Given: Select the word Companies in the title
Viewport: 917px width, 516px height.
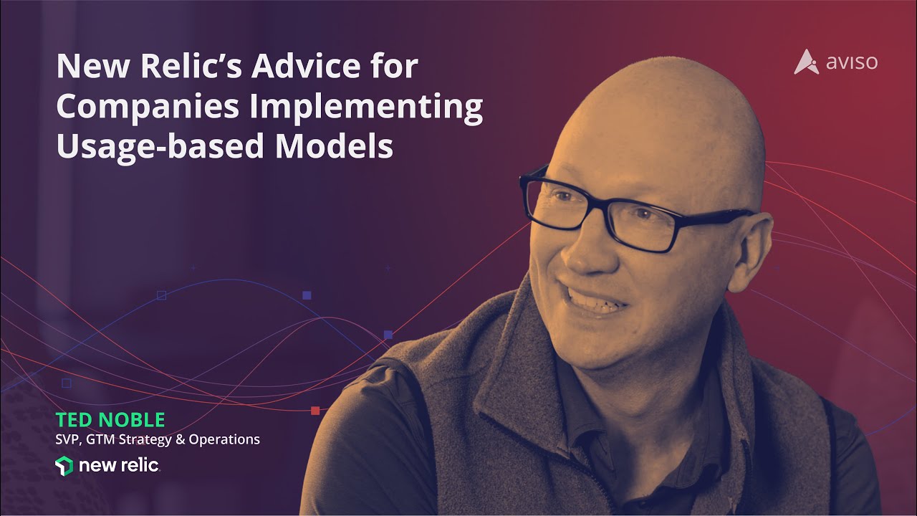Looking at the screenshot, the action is (148, 106).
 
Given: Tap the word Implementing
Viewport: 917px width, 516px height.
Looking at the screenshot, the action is (366, 107).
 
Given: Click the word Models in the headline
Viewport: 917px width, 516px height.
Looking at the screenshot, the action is (334, 145).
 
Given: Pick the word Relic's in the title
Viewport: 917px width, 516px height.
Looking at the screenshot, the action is (191, 66).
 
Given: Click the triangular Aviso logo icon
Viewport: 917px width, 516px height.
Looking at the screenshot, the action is (806, 62).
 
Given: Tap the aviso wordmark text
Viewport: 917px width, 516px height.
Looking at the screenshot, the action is (852, 62).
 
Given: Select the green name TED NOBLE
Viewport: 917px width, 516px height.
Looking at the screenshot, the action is (110, 420).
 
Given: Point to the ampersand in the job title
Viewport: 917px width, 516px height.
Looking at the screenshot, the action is (180, 439).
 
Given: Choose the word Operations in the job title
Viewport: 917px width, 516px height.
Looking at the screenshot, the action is (224, 440).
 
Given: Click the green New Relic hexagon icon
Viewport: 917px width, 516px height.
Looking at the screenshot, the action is (64, 466).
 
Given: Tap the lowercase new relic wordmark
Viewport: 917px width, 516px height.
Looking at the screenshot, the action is (119, 466).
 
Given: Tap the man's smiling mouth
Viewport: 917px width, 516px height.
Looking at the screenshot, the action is (590, 301).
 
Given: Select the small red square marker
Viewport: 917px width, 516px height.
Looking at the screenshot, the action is (315, 411).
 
